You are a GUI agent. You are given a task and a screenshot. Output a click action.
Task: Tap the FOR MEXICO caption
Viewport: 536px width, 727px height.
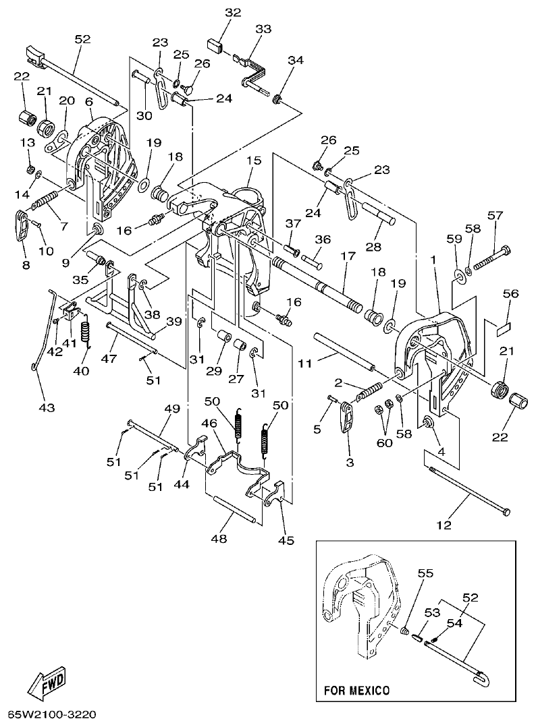(356, 691)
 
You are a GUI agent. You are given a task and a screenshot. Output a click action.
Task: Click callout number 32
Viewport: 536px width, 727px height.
(233, 13)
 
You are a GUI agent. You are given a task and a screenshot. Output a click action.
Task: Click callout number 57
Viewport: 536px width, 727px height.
(495, 216)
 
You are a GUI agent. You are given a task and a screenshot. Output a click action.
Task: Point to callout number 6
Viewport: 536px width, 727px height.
(88, 101)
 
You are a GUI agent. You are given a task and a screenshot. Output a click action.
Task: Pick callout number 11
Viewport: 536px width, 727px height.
(304, 363)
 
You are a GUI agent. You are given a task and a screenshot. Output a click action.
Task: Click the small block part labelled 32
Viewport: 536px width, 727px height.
(217, 46)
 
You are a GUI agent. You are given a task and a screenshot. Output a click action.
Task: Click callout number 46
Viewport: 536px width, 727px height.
(209, 424)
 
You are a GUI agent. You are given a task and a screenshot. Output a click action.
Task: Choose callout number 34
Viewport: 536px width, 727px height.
(295, 61)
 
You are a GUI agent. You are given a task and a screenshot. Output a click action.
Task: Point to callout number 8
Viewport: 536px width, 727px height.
(26, 265)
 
